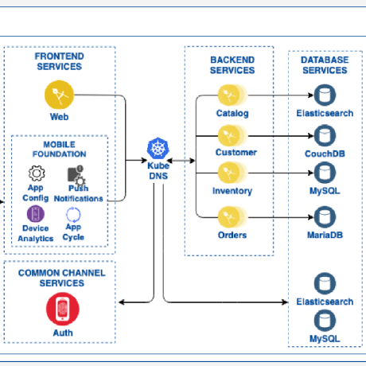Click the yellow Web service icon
tap(60, 97)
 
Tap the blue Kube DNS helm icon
tap(158, 148)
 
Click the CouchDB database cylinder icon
tap(324, 134)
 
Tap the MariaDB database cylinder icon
tap(324, 216)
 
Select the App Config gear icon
tap(37, 173)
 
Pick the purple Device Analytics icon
tap(36, 213)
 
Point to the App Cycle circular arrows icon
tap(73, 212)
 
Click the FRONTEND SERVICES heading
tap(60, 61)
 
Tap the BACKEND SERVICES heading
tap(232, 65)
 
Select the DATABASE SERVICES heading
tap(324, 65)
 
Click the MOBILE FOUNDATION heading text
tap(60, 148)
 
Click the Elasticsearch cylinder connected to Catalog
tap(324, 96)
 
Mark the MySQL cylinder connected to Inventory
tap(324, 173)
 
